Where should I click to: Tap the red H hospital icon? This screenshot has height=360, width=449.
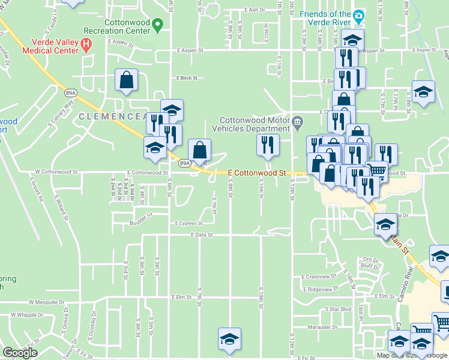[86, 43]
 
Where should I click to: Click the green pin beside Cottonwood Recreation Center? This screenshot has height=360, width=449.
[158, 25]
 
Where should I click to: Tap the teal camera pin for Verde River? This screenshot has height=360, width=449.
[359, 14]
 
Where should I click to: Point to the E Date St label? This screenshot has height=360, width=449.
[202, 235]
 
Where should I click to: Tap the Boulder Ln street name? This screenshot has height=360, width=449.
[140, 214]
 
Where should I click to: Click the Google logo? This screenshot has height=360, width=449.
[20, 353]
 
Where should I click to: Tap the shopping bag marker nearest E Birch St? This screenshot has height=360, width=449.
[127, 80]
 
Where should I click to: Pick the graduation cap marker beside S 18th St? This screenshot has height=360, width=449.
[424, 92]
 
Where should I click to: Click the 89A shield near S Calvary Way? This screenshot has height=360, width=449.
[71, 92]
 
